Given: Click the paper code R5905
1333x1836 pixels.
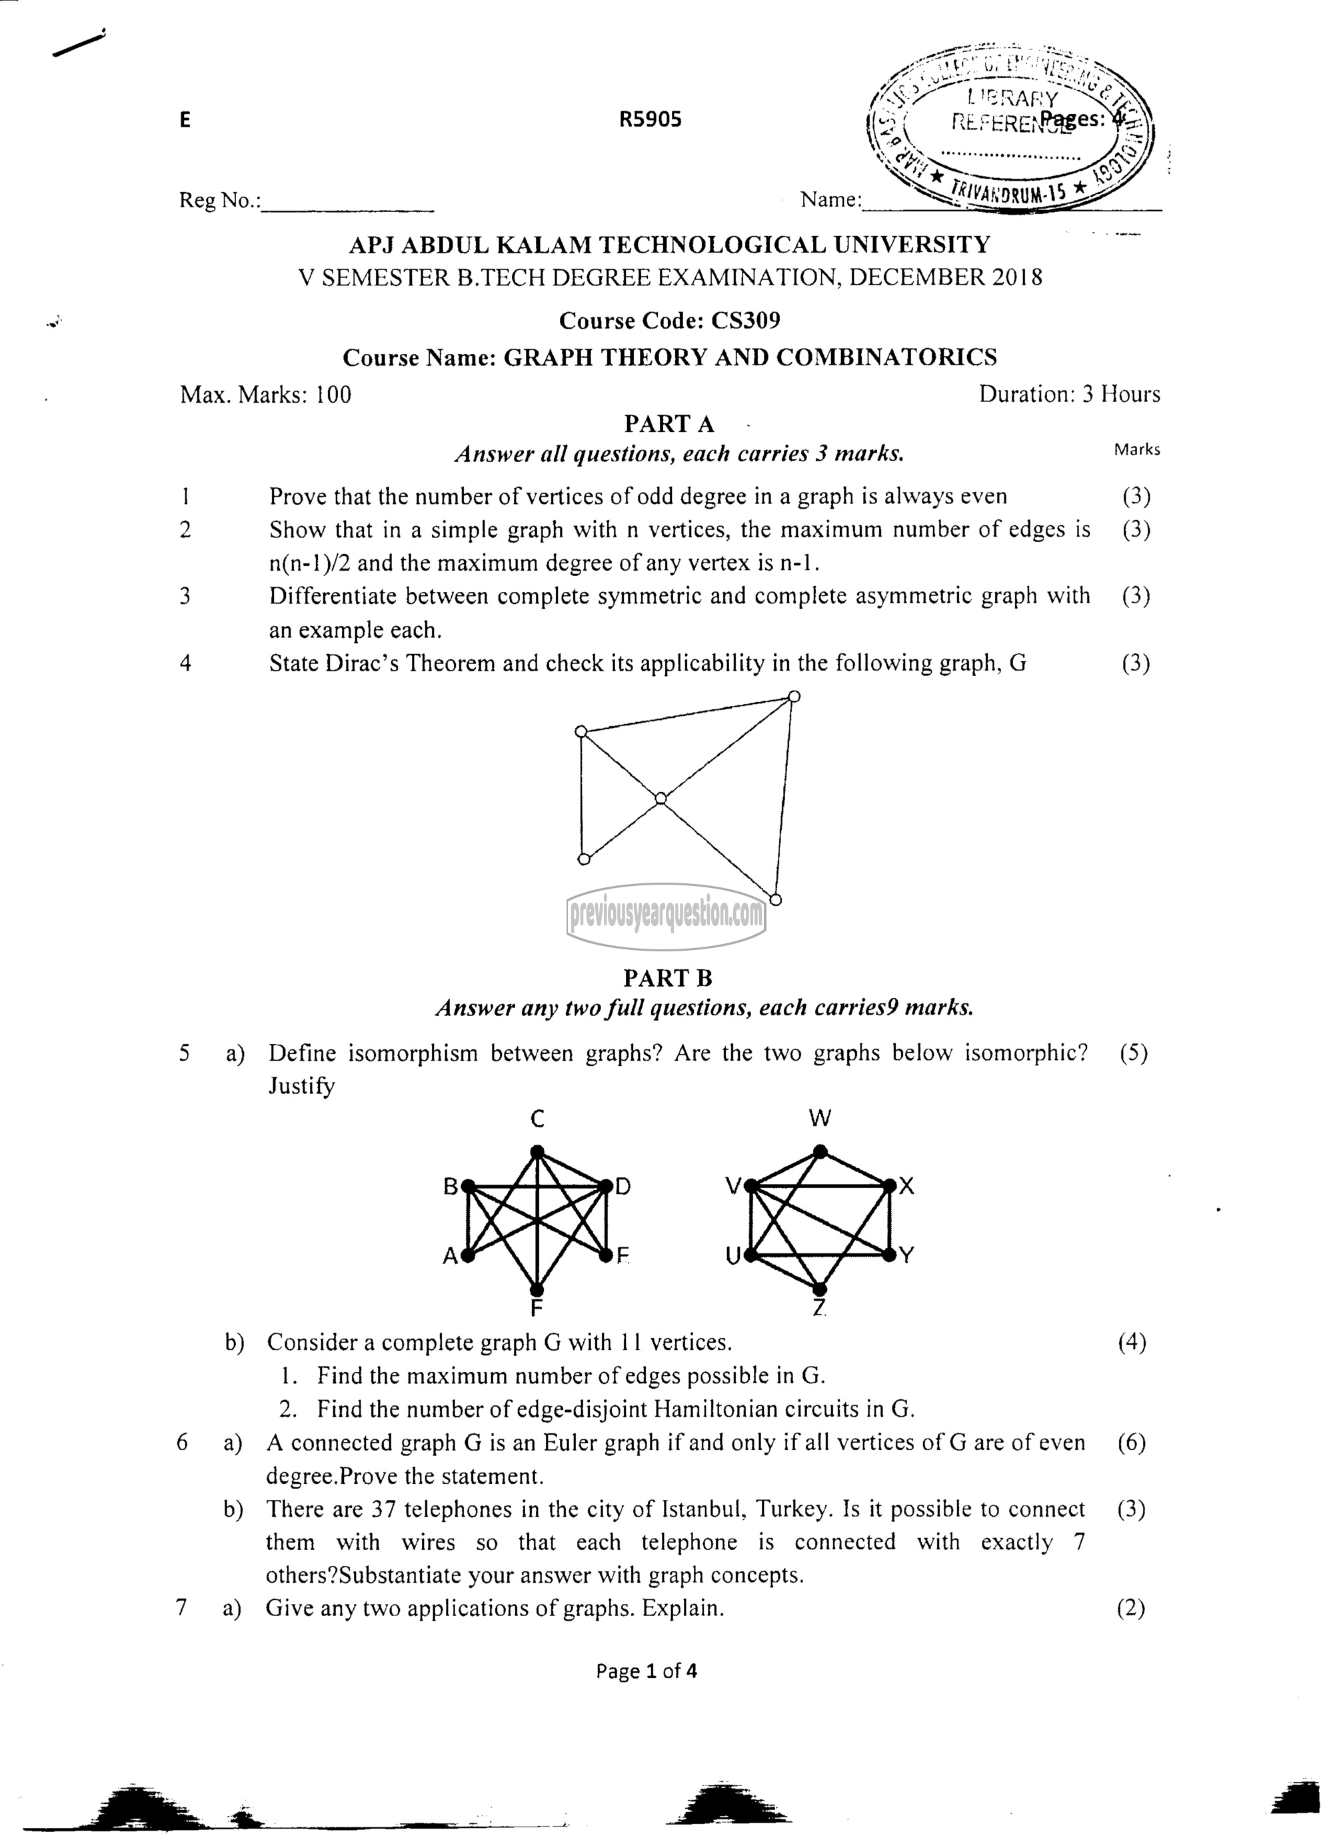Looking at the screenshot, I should [650, 120].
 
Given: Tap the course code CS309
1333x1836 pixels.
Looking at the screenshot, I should [744, 321].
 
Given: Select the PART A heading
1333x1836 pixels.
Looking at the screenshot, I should [668, 423].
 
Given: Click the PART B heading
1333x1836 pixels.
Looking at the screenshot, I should [668, 978].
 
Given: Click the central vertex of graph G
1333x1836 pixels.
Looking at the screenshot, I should [661, 799].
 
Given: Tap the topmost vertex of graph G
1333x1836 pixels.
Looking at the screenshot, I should [794, 696].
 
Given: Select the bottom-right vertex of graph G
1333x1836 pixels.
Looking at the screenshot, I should [775, 899].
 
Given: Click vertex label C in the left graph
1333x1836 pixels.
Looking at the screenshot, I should [537, 1119].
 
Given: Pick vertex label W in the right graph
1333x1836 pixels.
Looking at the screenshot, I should [820, 1119].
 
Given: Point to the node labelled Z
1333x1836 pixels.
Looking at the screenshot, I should [820, 1288].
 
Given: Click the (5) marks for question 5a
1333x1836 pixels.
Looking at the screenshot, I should [1134, 1053].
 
